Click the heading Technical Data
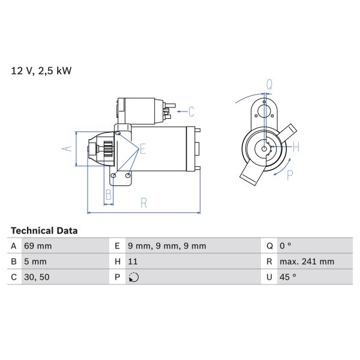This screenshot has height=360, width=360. (x=44, y=230)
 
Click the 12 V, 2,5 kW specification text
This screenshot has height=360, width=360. (x=41, y=71)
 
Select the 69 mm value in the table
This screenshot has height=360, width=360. (x=37, y=246)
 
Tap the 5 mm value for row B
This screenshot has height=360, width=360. (x=35, y=262)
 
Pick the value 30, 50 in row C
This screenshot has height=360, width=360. (x=36, y=277)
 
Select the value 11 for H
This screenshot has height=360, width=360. (x=134, y=262)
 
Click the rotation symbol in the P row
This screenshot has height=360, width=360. (x=134, y=277)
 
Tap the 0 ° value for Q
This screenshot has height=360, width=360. (x=285, y=246)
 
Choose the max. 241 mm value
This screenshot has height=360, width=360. (x=307, y=262)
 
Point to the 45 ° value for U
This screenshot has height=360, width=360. (x=287, y=277)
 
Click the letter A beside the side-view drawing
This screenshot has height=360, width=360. (x=67, y=148)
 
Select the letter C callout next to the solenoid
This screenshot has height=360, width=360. (x=191, y=111)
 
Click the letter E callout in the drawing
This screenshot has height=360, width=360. (x=143, y=149)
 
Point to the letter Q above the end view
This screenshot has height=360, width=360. (x=269, y=85)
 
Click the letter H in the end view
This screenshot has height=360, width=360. (x=296, y=146)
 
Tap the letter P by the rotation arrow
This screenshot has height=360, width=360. (x=290, y=175)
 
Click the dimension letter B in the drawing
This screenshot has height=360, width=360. (x=109, y=194)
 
